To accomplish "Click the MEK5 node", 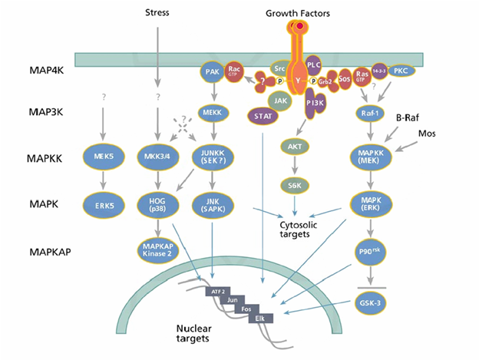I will click(x=101, y=155).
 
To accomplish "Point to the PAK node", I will click(x=212, y=72).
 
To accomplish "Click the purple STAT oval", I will click(x=259, y=116).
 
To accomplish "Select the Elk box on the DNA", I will click(x=259, y=317).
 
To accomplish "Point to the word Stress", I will click(x=157, y=13).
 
